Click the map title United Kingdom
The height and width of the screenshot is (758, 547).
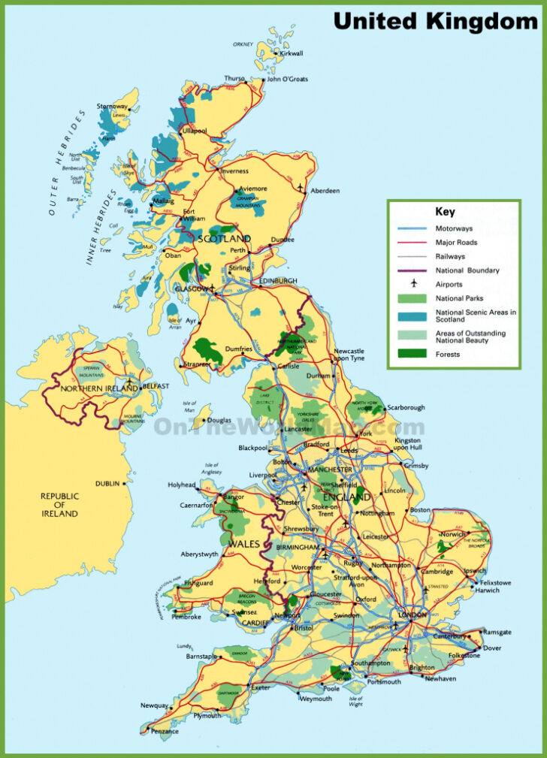(x=435, y=22)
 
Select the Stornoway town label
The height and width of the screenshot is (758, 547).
(x=112, y=107)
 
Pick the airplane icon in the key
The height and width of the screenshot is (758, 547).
(x=413, y=284)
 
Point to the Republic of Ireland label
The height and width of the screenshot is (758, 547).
(x=59, y=505)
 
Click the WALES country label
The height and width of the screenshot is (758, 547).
(x=245, y=543)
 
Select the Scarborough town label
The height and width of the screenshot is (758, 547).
(x=407, y=408)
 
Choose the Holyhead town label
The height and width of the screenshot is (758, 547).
(x=183, y=485)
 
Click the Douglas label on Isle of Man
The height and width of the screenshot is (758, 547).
(x=219, y=421)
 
